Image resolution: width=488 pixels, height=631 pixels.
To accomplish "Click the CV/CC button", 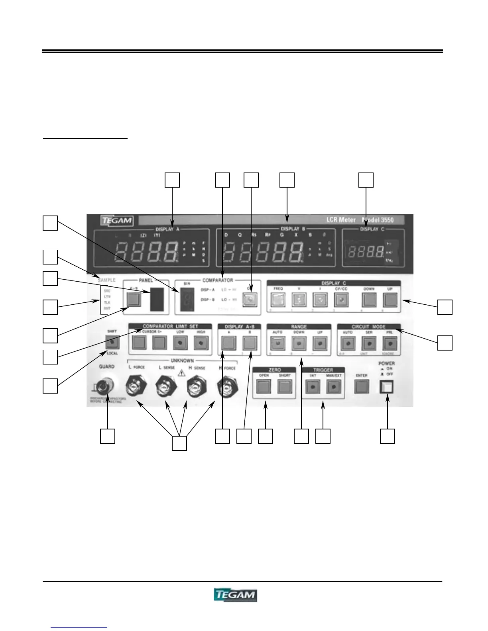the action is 341,299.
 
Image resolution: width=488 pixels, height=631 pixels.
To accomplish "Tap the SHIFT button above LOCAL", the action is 112,342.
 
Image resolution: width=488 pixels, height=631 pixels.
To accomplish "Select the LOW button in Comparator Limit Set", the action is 180,342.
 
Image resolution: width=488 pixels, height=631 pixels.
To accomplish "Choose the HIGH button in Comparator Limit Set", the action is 201,342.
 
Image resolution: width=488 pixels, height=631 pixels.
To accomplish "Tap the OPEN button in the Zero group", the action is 264,387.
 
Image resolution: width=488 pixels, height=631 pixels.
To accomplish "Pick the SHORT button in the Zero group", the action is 285,387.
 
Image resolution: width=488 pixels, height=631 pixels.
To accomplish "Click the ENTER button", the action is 362,386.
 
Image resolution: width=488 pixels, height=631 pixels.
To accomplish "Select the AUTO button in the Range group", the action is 277,343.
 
